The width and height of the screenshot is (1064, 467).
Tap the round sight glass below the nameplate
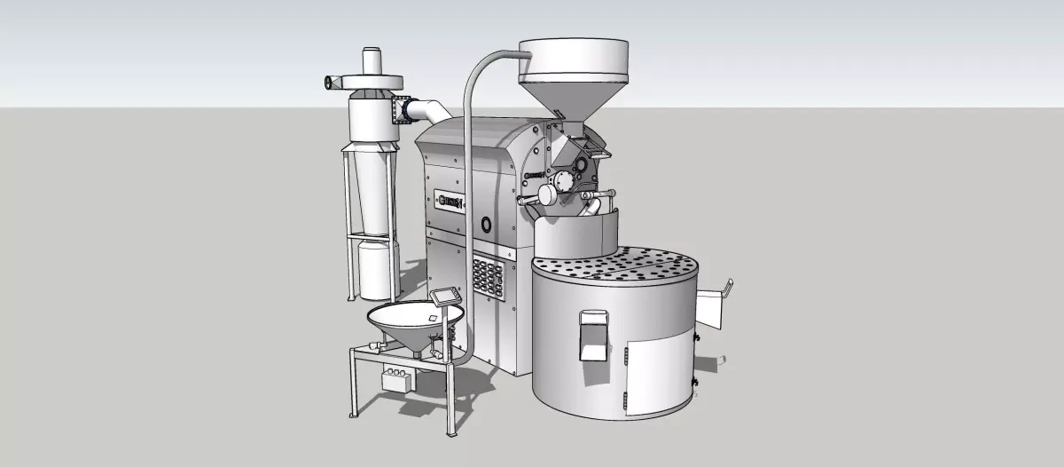tap(487, 222)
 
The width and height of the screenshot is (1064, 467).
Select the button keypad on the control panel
tap(487, 277)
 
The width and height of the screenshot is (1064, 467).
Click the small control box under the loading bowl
tap(397, 379)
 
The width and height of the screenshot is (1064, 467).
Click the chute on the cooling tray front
tap(592, 335)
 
